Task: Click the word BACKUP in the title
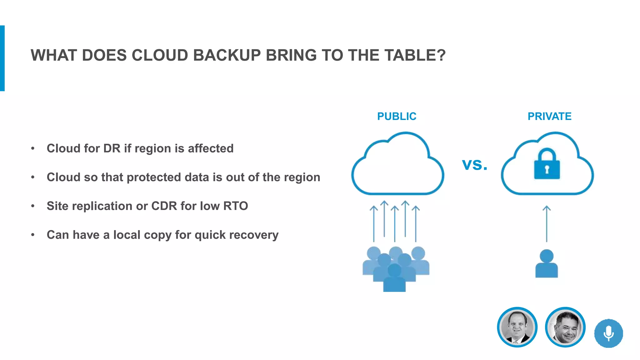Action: (227, 55)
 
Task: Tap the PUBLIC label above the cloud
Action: (397, 116)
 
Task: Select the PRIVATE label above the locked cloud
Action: (549, 116)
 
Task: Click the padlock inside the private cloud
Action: (547, 165)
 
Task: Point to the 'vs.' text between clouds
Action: (474, 164)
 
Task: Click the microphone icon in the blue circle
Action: (608, 333)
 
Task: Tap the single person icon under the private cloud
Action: (547, 264)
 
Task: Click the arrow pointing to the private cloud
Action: (547, 223)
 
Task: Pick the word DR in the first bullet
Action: (112, 148)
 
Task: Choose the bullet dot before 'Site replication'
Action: (33, 206)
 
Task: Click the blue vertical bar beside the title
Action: (2, 58)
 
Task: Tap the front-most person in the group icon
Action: (394, 278)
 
